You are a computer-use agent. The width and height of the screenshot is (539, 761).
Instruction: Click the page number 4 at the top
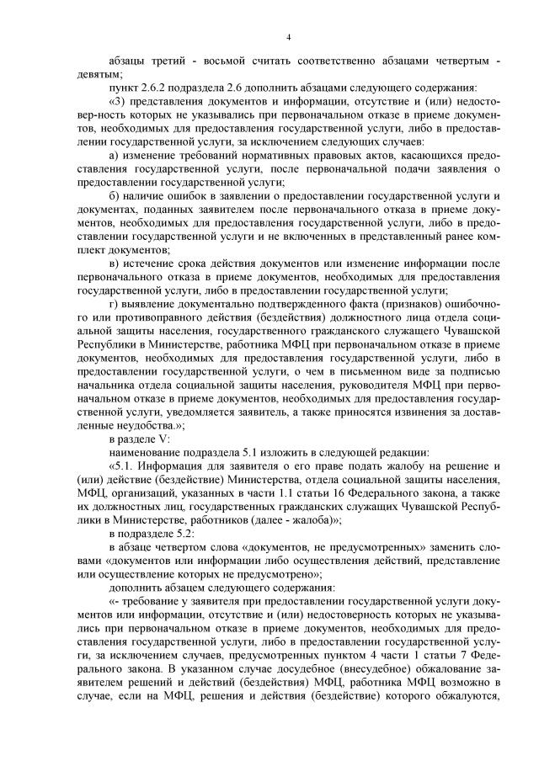coord(288,37)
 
